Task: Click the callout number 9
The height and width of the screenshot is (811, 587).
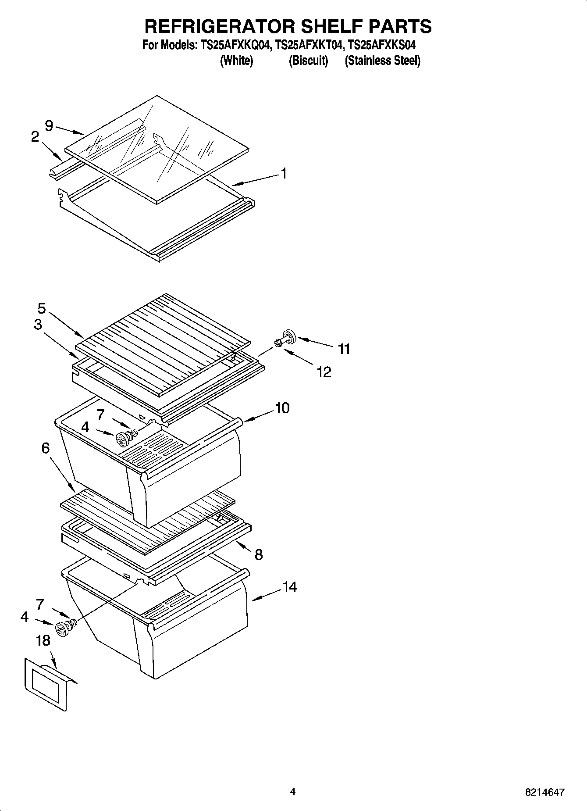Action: [49, 126]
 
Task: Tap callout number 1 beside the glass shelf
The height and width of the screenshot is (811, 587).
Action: [284, 174]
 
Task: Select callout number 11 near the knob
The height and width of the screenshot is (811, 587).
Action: [344, 349]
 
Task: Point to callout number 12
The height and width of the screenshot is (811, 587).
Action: [324, 372]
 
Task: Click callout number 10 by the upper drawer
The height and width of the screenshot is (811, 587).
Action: [282, 408]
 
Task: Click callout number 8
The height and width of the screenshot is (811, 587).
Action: [259, 555]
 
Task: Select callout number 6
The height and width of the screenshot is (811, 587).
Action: [46, 448]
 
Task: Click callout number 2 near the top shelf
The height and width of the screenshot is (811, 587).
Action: [35, 137]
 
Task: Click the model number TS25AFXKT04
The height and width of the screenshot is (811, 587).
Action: [309, 45]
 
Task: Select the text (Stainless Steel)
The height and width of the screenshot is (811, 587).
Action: [382, 61]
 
